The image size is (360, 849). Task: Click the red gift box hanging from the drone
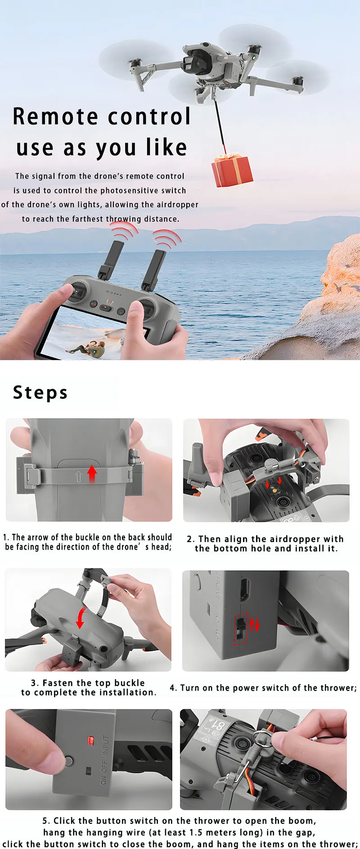232,171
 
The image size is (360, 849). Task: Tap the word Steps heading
40,393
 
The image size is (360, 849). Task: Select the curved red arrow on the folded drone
81,617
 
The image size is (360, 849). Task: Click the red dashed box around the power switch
241,628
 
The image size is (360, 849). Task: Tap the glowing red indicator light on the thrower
90,740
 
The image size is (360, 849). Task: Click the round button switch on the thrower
68,761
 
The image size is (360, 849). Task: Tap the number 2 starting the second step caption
190,539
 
